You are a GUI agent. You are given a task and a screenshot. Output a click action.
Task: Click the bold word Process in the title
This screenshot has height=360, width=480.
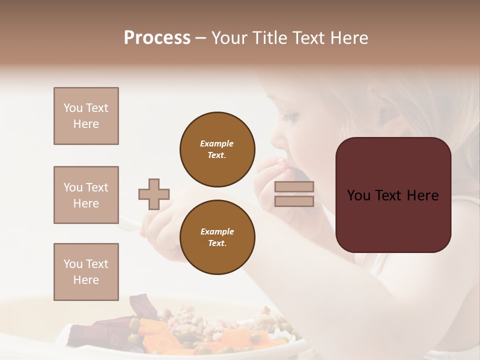(x=157, y=38)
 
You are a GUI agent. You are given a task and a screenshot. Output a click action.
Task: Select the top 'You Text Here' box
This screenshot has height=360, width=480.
(x=86, y=116)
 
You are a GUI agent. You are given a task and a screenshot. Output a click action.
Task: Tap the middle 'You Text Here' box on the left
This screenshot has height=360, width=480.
(x=86, y=195)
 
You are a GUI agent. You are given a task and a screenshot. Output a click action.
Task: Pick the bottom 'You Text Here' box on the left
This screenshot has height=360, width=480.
(x=86, y=272)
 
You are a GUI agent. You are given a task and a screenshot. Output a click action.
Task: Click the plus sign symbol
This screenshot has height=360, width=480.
(x=154, y=194)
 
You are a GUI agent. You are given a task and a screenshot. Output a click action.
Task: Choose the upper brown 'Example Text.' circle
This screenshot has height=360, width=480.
(x=217, y=149)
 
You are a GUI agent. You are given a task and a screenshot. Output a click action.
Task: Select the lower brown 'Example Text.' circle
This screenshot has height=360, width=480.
(x=217, y=237)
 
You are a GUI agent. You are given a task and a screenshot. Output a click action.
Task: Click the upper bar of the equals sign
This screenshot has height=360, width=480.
(x=294, y=187)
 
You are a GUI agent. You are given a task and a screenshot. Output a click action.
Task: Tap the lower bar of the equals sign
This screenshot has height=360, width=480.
(x=294, y=201)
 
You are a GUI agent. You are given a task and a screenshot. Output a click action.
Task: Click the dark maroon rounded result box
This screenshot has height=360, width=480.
(x=393, y=194)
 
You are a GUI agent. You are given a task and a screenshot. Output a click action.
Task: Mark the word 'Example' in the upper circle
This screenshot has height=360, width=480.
(x=217, y=143)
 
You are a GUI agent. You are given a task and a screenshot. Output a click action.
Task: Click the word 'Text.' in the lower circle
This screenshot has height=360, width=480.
(x=217, y=243)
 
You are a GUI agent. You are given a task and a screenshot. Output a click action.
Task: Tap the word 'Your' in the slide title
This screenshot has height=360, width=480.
(x=230, y=38)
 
